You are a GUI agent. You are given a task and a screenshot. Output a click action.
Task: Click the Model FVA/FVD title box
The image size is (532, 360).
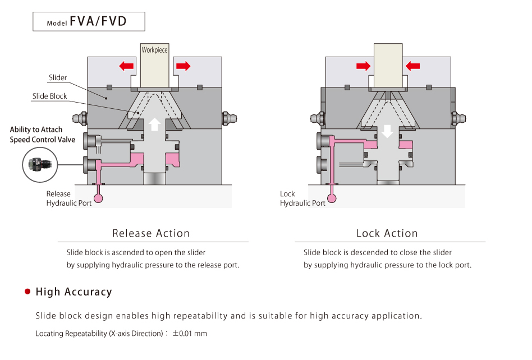(89, 21)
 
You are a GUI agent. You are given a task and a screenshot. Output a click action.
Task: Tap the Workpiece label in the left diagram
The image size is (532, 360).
(154, 50)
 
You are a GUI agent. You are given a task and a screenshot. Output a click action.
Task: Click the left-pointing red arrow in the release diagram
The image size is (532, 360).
(126, 66)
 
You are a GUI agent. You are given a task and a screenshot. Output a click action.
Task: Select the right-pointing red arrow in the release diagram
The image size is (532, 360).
(183, 66)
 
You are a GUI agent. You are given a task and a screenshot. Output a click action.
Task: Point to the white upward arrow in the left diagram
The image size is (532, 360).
(155, 124)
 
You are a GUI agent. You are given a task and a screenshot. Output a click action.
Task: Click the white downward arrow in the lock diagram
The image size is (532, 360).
(387, 131)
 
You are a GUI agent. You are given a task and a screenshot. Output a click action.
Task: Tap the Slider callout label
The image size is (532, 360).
(58, 77)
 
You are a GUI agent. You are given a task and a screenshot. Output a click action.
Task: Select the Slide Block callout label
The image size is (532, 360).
(49, 96)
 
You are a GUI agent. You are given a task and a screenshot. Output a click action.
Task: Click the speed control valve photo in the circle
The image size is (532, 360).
(40, 165)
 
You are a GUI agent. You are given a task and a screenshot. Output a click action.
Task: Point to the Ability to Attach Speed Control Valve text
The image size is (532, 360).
(43, 135)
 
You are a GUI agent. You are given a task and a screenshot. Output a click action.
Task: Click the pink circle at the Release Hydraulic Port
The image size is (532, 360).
(98, 198)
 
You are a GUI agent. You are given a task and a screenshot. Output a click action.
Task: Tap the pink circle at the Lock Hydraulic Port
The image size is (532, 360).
(332, 198)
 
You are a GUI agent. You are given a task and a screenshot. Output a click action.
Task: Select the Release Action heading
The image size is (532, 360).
(151, 233)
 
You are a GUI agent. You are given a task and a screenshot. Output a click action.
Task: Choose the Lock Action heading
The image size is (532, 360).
(387, 233)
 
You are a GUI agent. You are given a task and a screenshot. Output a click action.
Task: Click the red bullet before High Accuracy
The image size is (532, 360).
(27, 292)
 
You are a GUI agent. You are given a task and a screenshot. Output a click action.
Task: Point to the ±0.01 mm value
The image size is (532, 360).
(190, 334)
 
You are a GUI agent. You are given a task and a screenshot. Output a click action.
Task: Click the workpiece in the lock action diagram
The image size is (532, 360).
(388, 66)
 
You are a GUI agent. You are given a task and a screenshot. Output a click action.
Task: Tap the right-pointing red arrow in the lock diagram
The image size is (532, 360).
(364, 66)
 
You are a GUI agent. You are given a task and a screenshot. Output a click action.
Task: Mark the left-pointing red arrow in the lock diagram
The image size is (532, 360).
(412, 66)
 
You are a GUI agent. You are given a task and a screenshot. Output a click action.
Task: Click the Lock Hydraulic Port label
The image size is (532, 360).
(302, 199)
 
